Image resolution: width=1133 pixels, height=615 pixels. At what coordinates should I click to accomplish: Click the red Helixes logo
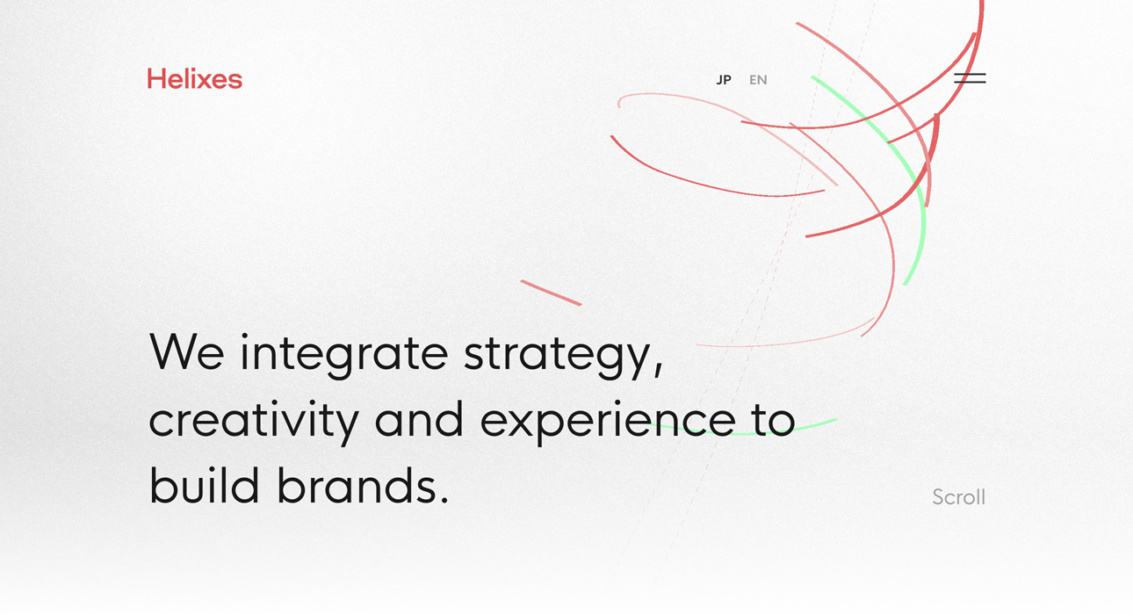tap(194, 79)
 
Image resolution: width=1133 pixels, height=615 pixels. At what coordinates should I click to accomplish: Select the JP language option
tap(724, 80)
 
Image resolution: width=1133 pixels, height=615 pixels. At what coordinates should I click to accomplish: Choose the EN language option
tap(758, 80)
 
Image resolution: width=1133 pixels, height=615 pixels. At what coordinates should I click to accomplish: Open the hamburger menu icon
tap(970, 78)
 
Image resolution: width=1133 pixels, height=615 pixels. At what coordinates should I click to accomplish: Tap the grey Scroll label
tap(958, 497)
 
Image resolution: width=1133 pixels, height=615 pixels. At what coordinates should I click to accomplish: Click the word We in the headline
tap(187, 352)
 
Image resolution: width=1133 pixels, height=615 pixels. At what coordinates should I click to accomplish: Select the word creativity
tap(254, 421)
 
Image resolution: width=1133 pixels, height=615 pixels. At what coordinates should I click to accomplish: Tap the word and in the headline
tap(419, 420)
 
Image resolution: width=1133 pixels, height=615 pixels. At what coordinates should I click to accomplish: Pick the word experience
tap(608, 422)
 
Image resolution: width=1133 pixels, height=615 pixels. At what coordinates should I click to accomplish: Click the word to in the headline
tap(774, 421)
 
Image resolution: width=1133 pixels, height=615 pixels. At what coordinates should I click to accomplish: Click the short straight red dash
tap(552, 293)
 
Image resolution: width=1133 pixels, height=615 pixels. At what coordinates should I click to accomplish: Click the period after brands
tap(444, 499)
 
